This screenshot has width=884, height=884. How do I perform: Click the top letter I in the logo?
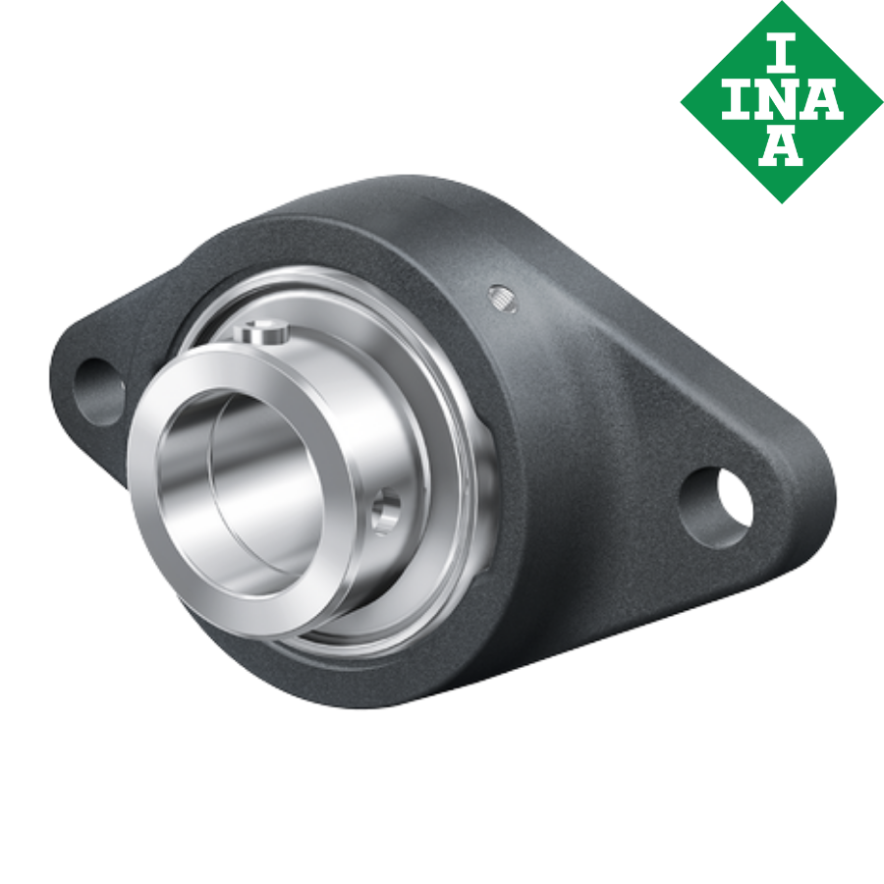coord(782,54)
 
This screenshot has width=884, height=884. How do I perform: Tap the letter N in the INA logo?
coord(781,100)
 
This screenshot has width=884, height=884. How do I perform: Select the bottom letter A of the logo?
coord(782,147)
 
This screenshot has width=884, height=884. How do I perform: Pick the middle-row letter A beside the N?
coord(825,100)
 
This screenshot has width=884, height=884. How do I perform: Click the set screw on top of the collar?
coord(260,334)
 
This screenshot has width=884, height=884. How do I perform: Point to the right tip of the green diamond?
coord(880,101)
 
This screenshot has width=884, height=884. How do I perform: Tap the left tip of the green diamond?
coord(683,101)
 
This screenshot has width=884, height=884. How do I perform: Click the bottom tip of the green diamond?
coord(782,200)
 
